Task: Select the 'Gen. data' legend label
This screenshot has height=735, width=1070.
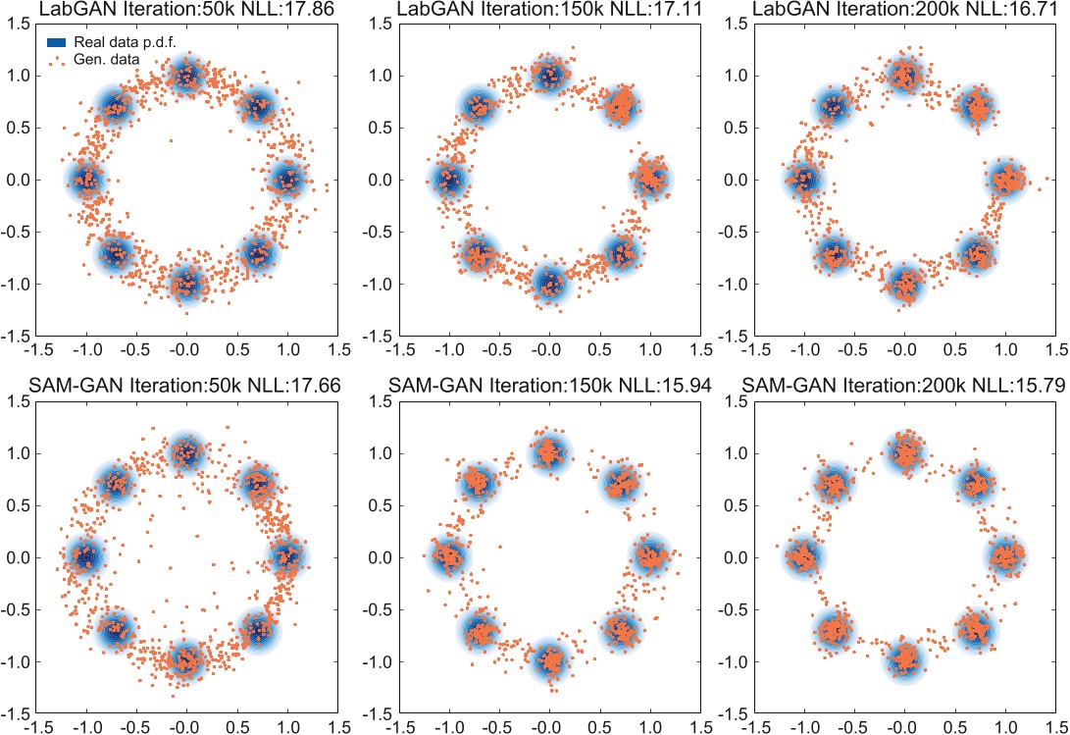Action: tap(105, 60)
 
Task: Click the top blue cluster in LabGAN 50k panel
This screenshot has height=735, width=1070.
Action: tap(185, 76)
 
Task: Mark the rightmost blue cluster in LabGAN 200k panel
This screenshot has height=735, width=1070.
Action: tap(1005, 180)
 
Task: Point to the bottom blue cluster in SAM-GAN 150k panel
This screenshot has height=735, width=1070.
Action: tap(548, 660)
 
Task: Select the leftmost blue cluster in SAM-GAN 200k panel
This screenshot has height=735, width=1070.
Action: tap(803, 556)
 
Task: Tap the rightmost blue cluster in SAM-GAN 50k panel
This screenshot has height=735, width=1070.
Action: tap(286, 556)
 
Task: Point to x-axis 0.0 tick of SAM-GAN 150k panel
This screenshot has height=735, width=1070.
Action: tap(548, 727)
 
